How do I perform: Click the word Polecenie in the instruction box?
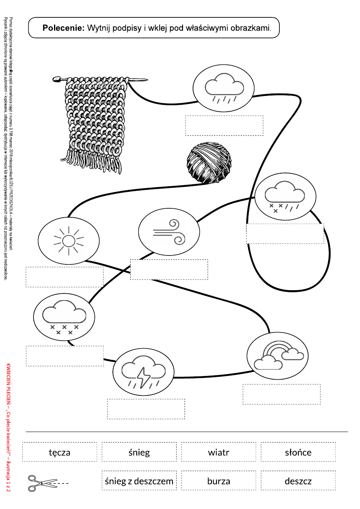tap(63, 28)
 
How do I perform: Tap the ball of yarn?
tap(209, 163)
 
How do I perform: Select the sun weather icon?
tap(69, 241)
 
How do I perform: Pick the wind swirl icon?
tap(169, 232)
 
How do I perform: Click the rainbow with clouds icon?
tap(279, 355)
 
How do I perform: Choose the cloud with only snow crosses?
tap(65, 317)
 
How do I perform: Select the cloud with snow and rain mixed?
tap(285, 197)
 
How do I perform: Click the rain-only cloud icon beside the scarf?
tap(224, 88)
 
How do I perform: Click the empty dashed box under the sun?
tap(65, 277)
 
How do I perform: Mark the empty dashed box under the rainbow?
tap(282, 394)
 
